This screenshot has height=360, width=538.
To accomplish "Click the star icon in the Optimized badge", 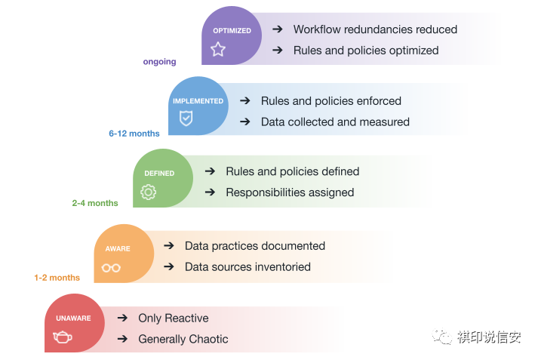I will [218, 50].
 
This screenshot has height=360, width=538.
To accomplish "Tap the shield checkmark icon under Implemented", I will [186, 118].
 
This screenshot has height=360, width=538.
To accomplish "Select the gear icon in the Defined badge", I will [149, 192].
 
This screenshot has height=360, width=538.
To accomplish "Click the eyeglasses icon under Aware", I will [112, 267].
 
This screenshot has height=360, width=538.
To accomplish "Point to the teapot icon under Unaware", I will [63, 337].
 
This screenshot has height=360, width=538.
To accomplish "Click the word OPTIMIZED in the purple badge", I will [232, 31].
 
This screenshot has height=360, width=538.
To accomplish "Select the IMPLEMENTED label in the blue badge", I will [198, 101].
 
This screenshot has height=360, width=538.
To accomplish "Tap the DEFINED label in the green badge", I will [159, 174].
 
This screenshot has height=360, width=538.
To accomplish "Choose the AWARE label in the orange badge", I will [118, 248].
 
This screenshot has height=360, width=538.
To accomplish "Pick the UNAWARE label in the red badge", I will [73, 318].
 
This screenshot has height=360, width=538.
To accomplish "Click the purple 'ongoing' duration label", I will [159, 62].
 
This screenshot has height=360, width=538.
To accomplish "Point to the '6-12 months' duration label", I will [134, 134].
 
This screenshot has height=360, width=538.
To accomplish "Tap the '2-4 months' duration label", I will [95, 203].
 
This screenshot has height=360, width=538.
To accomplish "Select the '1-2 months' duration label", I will [57, 278].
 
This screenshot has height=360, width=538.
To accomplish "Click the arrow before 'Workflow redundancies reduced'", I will [278, 29].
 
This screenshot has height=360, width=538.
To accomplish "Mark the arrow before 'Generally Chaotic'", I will [122, 339].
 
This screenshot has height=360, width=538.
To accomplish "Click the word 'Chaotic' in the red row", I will [208, 339].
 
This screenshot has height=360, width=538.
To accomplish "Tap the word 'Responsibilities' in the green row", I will [266, 192].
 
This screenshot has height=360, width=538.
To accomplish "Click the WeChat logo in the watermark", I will [442, 337].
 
